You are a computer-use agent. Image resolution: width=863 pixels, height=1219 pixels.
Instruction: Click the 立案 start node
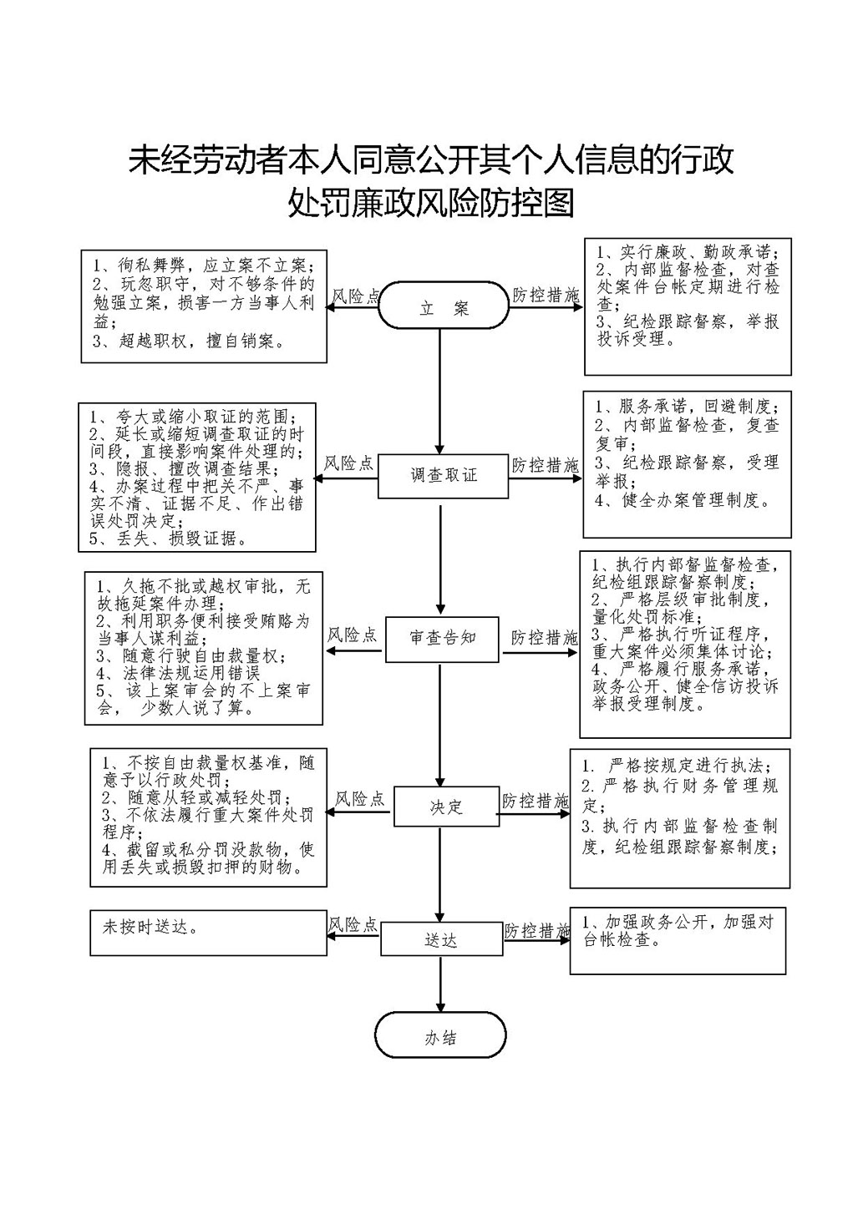click(x=444, y=306)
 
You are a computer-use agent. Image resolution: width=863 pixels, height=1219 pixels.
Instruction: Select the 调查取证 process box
click(x=444, y=476)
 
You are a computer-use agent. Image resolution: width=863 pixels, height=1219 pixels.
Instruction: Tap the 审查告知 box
click(x=442, y=639)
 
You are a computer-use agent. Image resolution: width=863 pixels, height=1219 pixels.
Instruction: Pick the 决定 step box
click(x=446, y=807)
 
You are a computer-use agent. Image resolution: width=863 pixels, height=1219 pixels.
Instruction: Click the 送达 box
click(x=442, y=938)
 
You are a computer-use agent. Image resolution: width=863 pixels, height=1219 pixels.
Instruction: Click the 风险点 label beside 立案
click(x=356, y=296)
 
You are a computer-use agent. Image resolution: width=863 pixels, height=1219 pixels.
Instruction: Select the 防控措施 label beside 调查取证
click(x=546, y=465)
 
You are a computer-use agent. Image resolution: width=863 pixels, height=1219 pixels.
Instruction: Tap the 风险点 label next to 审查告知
click(x=353, y=635)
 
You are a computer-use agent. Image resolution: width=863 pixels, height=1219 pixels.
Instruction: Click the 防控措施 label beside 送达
click(x=537, y=931)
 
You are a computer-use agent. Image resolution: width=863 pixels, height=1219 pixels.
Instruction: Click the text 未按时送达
click(x=150, y=927)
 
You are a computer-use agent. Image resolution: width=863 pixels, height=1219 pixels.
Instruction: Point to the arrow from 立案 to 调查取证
click(x=440, y=392)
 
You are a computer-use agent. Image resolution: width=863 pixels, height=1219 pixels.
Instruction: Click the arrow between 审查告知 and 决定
click(x=440, y=725)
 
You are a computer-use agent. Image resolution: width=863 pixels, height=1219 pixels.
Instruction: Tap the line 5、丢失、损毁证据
click(x=168, y=539)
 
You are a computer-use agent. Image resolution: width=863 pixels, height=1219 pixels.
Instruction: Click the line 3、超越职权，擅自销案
click(x=189, y=341)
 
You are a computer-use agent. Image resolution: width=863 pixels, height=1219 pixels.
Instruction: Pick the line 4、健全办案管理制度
click(x=683, y=499)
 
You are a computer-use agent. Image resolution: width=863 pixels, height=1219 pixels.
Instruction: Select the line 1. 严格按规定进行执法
click(x=676, y=766)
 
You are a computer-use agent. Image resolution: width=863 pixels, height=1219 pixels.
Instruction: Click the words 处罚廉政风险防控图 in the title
click(x=431, y=204)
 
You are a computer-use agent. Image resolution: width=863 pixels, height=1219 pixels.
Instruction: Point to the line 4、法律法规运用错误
click(x=179, y=673)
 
